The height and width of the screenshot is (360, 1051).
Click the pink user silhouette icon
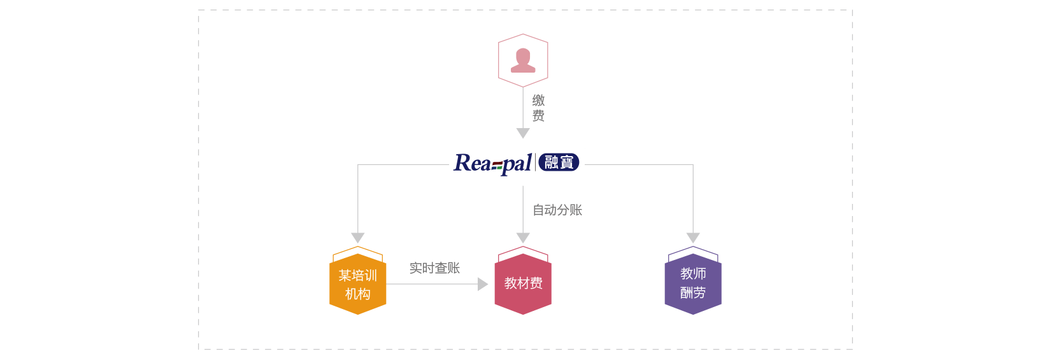[523, 60]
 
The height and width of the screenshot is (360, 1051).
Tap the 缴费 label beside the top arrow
[538, 108]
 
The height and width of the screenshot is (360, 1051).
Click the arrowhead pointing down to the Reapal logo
[523, 133]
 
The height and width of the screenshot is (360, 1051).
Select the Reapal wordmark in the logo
[492, 163]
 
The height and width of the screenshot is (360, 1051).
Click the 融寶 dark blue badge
[559, 162]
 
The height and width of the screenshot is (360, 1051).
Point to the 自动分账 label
[557, 210]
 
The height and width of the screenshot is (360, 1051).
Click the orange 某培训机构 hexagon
[358, 285]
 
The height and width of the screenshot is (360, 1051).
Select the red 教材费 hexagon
[523, 284]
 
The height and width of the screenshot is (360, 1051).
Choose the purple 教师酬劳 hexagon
[693, 284]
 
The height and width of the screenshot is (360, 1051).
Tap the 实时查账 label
[434, 268]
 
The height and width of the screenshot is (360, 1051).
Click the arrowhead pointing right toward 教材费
[483, 284]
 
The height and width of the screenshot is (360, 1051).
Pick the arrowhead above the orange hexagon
[358, 238]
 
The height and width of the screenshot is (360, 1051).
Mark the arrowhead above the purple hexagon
[693, 238]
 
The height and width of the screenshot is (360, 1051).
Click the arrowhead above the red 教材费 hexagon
[523, 238]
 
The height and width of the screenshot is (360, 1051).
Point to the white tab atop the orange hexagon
[358, 254]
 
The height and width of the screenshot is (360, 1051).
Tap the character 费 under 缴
[538, 116]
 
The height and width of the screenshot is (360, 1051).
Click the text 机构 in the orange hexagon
[358, 294]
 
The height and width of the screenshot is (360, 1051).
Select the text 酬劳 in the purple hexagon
[693, 292]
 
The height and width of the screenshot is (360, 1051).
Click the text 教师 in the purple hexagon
[693, 273]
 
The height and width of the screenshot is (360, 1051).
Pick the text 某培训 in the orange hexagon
[358, 275]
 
